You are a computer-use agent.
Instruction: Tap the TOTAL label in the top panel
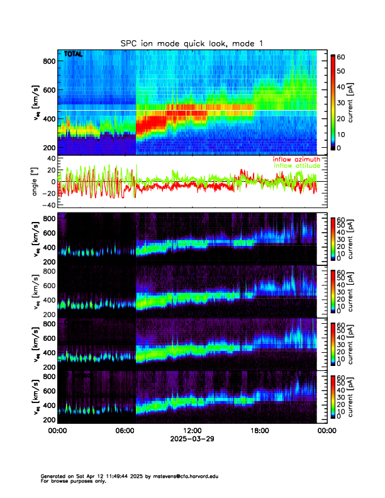(x=73, y=55)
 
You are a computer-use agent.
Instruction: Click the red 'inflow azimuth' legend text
(x=297, y=160)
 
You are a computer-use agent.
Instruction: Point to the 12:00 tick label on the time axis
(x=191, y=431)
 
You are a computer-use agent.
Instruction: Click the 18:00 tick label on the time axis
(x=259, y=431)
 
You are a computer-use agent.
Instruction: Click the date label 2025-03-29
(x=192, y=439)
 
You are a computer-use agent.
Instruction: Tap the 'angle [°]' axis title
(x=36, y=181)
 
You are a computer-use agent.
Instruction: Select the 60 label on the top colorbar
(x=340, y=57)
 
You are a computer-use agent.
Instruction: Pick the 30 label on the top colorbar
(x=340, y=102)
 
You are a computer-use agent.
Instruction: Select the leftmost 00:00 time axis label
(x=57, y=431)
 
